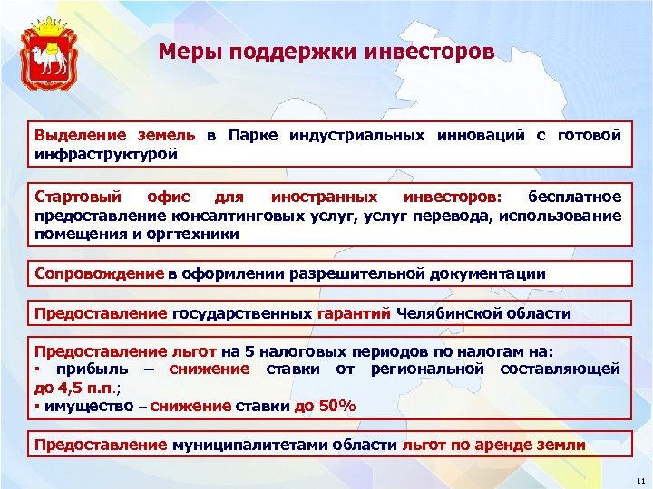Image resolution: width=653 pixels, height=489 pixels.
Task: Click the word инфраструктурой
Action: (105, 153)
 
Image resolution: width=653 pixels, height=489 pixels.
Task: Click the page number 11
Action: (640, 479)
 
